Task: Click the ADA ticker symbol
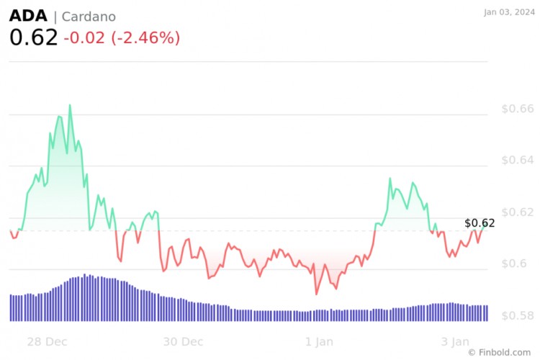29,16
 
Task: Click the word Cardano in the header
89,17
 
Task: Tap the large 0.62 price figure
33,38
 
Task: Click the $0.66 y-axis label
518,109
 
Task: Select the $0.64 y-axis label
518,161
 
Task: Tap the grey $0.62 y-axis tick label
518,212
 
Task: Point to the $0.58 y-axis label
518,316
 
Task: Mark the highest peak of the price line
70,105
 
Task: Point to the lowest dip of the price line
316,294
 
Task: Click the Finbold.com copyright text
502,352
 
